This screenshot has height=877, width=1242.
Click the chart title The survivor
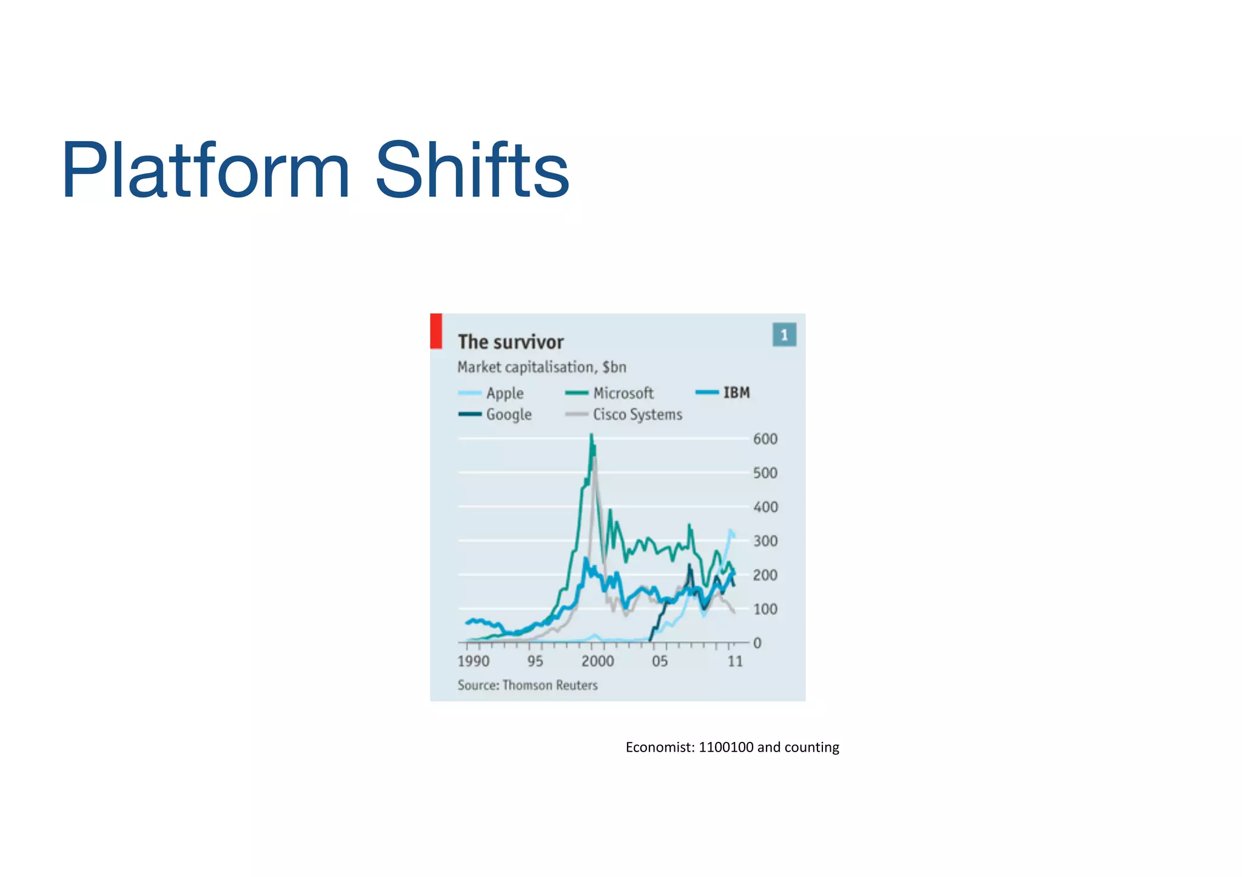tap(511, 342)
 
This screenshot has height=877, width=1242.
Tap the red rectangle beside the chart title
tap(436, 331)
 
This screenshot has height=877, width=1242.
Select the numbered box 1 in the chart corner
tap(784, 335)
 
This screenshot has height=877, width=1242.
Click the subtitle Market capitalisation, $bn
tap(541, 367)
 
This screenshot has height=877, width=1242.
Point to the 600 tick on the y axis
tap(765, 439)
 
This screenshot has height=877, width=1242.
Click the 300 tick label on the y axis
tap(765, 541)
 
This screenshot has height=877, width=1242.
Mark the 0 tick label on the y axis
tap(757, 643)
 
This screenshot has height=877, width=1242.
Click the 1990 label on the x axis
tap(474, 661)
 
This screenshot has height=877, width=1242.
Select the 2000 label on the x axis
tap(597, 661)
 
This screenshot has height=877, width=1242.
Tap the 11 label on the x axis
tap(734, 661)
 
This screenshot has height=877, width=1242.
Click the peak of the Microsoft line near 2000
tap(591, 435)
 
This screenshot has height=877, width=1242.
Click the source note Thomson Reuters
tap(528, 685)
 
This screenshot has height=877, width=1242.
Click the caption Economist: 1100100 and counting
tap(732, 747)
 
